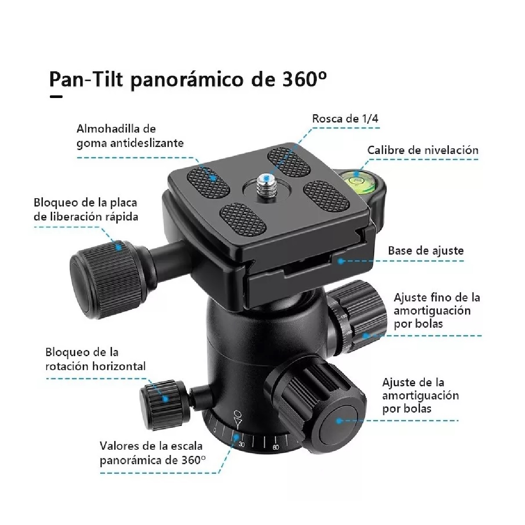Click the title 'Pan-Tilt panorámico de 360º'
click(x=188, y=80)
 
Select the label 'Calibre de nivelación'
click(x=423, y=150)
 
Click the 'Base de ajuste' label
click(x=426, y=251)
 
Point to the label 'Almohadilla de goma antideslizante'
click(x=130, y=136)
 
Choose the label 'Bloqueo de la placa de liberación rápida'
click(x=86, y=210)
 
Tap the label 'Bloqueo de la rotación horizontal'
click(x=95, y=359)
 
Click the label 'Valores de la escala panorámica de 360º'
click(x=152, y=453)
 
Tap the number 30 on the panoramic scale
click(x=241, y=444)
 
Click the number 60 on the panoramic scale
click(x=276, y=447)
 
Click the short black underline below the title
click(x=56, y=97)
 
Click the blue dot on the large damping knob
click(x=339, y=420)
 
